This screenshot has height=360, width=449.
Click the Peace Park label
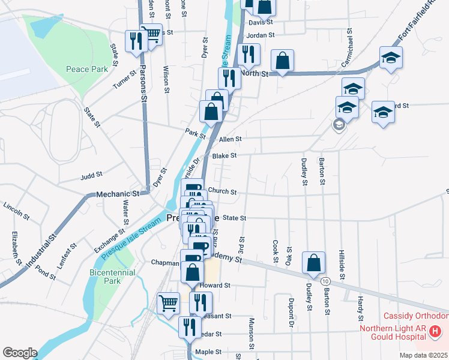(86, 69)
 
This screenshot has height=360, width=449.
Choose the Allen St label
(231, 139)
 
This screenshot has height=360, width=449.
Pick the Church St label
(225, 193)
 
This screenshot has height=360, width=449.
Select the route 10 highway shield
(325, 281)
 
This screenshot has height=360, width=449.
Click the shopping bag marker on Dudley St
(313, 262)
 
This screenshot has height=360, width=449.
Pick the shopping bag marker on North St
(282, 60)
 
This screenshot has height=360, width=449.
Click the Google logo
(19, 353)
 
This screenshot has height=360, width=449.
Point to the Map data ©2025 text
(424, 355)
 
